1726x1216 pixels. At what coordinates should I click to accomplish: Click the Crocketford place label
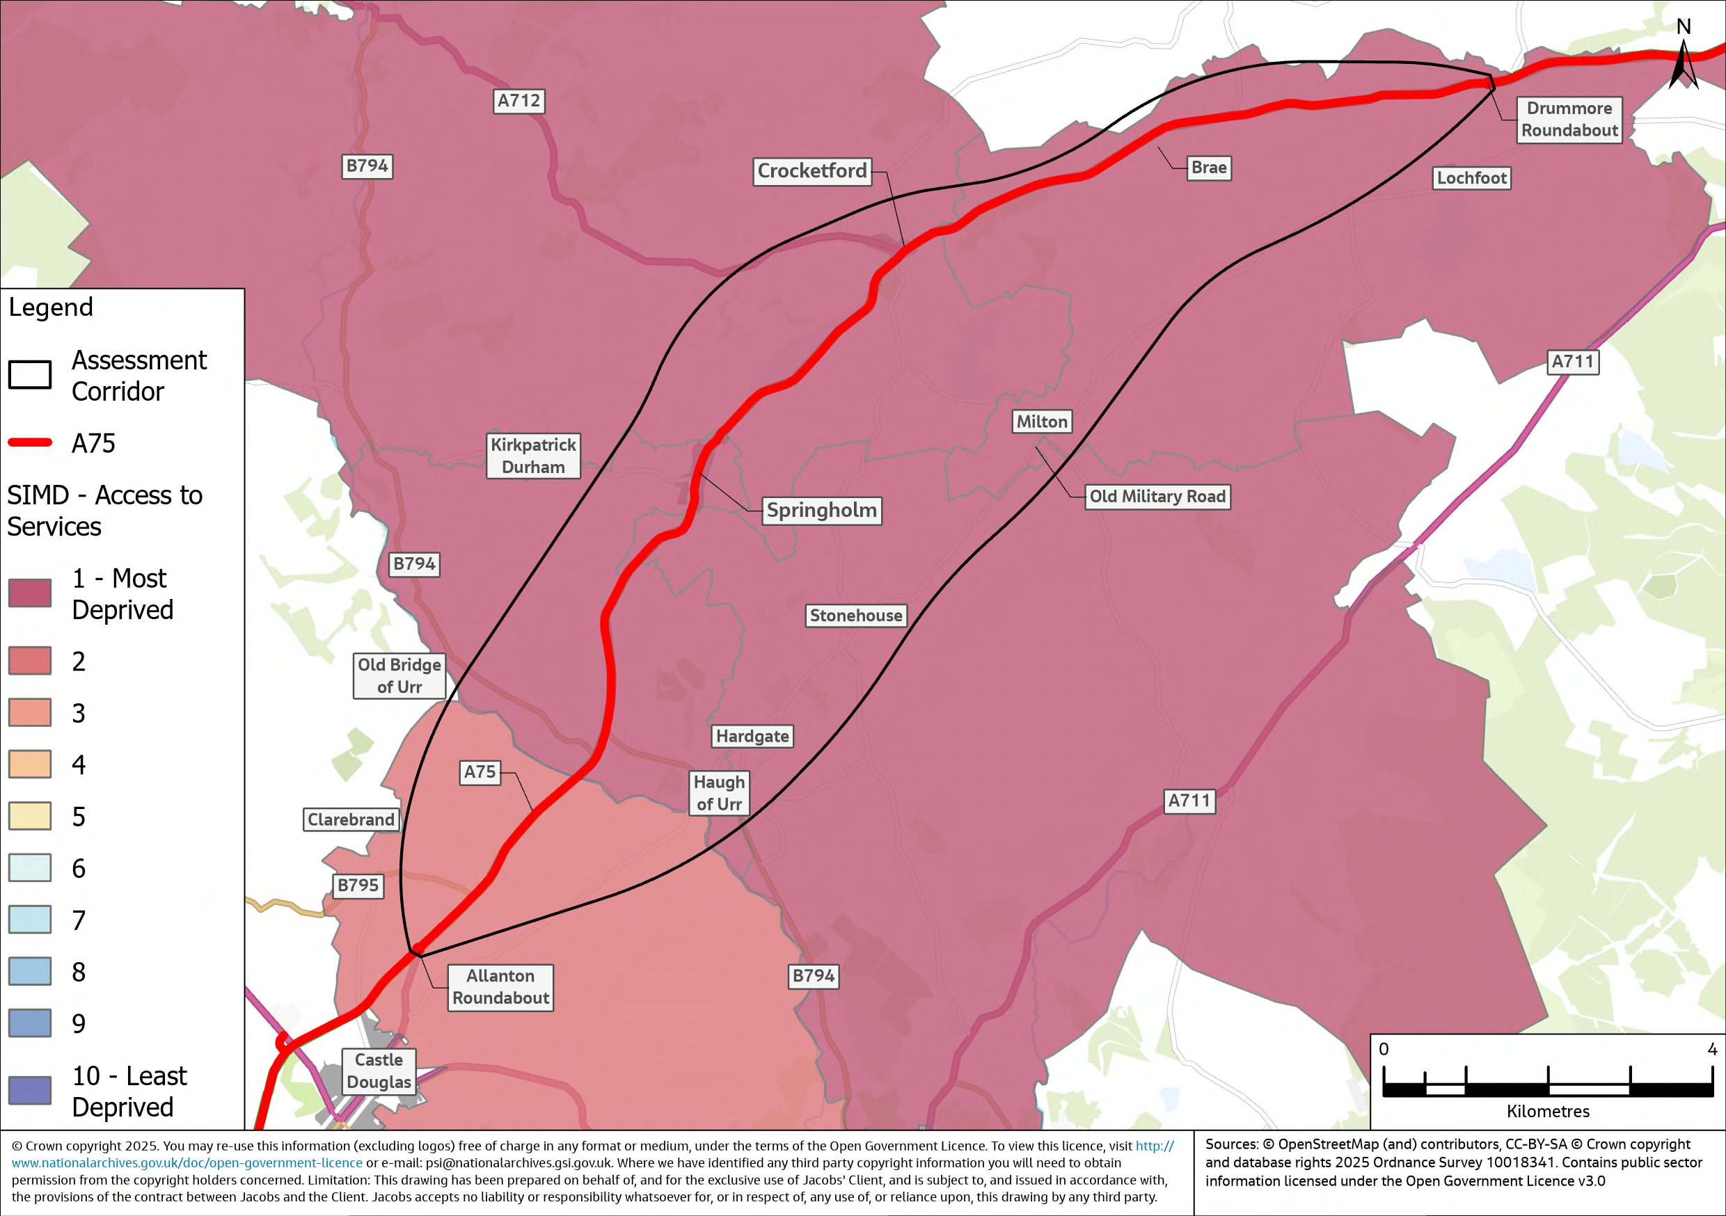(x=812, y=171)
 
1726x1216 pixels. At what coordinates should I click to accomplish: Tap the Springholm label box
(x=822, y=511)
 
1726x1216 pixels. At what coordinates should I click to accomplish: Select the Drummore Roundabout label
(x=1569, y=120)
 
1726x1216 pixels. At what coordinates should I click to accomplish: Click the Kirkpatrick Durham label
(x=533, y=456)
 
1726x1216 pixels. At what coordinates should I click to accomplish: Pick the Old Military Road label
(x=1157, y=497)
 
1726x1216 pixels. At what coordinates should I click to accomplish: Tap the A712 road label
(x=518, y=101)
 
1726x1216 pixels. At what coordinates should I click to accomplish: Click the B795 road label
(x=358, y=886)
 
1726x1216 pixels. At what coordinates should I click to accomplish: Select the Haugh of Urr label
(x=719, y=793)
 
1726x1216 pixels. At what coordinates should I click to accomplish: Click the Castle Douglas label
(x=379, y=1071)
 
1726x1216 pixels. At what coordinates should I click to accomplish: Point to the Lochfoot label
(x=1471, y=178)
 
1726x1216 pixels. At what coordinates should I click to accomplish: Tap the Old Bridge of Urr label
(x=399, y=675)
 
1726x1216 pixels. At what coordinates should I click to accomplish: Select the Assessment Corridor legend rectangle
(x=30, y=374)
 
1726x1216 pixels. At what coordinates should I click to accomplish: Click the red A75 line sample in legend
(x=30, y=442)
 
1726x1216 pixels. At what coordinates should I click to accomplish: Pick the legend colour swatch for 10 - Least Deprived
(x=30, y=1090)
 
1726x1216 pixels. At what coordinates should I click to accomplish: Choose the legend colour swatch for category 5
(x=30, y=815)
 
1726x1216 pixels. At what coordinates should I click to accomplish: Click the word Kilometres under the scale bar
(x=1548, y=1112)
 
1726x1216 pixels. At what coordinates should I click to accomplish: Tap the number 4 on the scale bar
(x=1711, y=1049)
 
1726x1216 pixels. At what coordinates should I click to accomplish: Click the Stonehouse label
(x=855, y=616)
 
